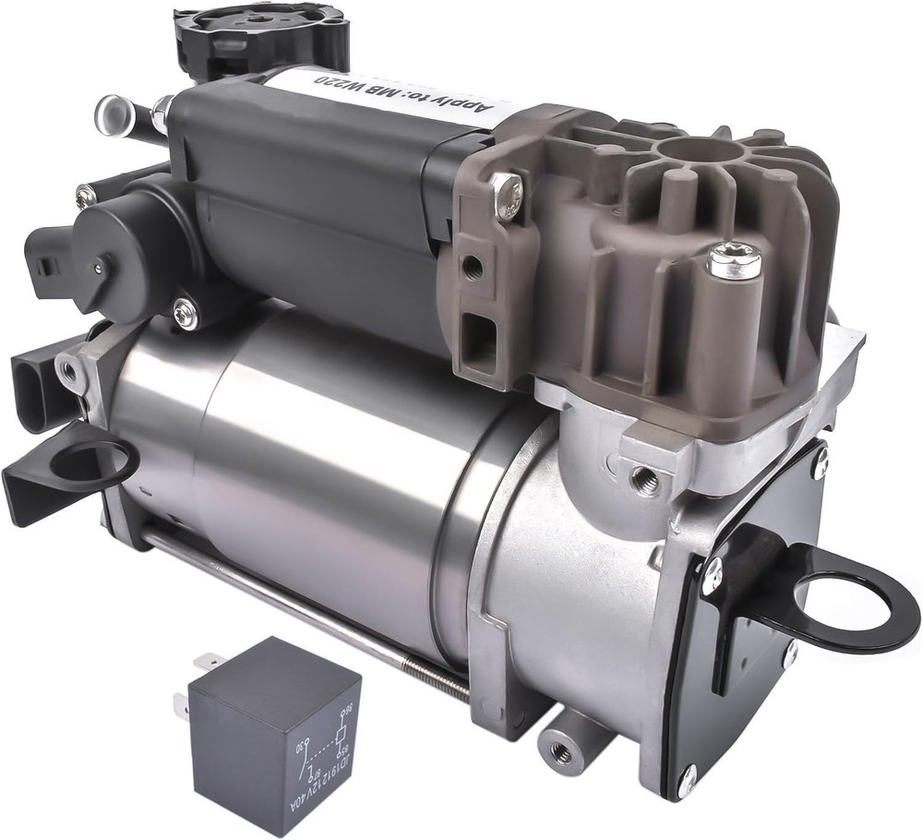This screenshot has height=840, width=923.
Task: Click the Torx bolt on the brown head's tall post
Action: [734, 261]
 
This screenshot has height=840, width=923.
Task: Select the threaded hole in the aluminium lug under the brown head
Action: [644, 478]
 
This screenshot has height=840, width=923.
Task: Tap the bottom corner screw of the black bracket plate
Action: [687, 780]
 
